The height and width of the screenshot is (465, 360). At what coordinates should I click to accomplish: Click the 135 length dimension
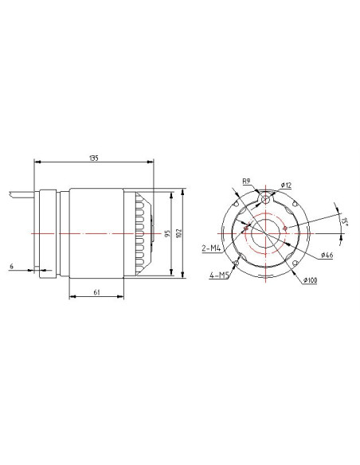coord(94,158)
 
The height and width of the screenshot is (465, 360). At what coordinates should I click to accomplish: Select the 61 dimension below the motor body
coord(96,292)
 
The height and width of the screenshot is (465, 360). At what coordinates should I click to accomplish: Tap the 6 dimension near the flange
coord(12,266)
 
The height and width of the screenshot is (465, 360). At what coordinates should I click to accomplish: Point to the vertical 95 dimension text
coord(167,233)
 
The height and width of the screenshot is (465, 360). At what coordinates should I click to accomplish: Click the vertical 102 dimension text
coord(178,233)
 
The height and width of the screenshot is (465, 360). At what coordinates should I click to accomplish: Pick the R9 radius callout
coord(246,182)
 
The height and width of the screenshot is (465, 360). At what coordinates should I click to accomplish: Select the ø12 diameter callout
coord(286,186)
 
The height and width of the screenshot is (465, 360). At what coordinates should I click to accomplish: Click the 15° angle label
coord(344,222)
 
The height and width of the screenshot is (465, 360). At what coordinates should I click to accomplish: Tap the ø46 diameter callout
coord(327,255)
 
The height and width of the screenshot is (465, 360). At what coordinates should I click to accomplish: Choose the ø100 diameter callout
coord(310,280)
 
